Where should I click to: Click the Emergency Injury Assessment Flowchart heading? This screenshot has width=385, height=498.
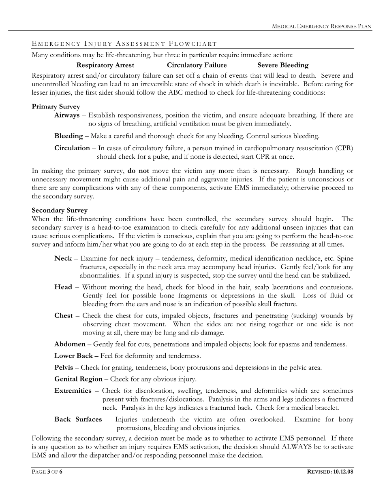click(x=124, y=44)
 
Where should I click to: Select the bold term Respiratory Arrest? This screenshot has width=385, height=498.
click(x=105, y=65)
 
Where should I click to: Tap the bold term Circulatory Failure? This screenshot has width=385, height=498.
click(x=197, y=65)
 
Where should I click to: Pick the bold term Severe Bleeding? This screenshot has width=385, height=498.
click(x=283, y=65)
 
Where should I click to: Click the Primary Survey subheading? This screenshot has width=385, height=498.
click(x=56, y=107)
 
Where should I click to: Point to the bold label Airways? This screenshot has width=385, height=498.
click(x=67, y=115)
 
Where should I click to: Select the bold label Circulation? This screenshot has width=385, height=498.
click(x=72, y=148)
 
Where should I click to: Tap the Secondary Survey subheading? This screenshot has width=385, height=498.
click(x=60, y=211)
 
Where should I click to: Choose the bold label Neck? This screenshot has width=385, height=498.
click(x=63, y=258)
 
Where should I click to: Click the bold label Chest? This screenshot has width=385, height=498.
click(x=64, y=316)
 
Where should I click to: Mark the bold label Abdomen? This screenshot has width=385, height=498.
click(x=70, y=345)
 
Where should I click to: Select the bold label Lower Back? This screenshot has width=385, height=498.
click(x=74, y=356)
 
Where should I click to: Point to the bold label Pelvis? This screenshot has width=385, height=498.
click(x=64, y=368)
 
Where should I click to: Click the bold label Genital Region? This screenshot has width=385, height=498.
click(x=79, y=379)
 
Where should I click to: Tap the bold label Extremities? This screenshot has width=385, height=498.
click(x=73, y=391)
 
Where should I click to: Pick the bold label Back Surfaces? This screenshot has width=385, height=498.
click(x=78, y=419)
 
